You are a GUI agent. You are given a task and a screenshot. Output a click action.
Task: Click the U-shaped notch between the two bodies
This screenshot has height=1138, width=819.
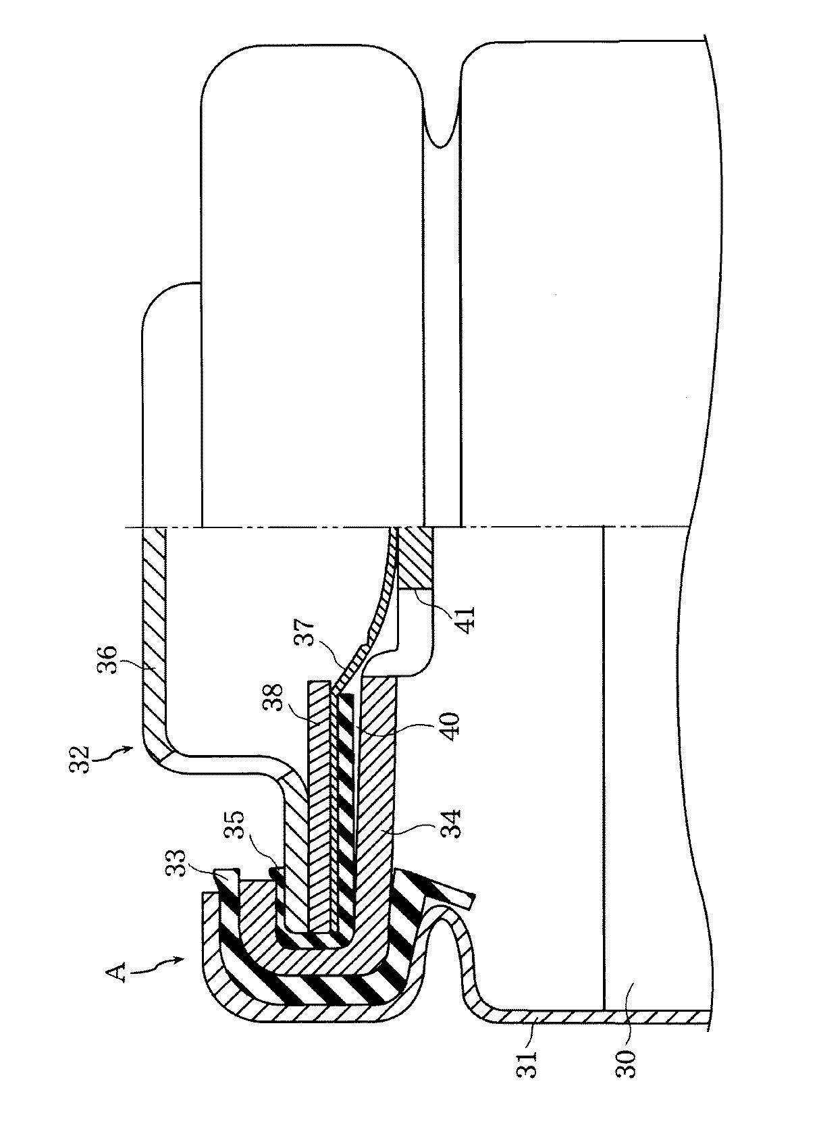click(440, 125)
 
